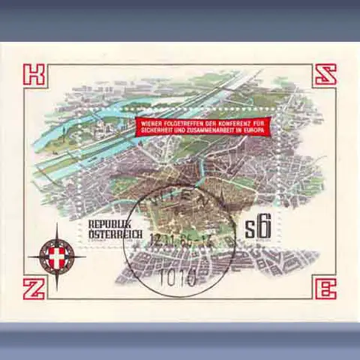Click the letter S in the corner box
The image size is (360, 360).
tap(325, 75)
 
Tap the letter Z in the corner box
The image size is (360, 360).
tap(35, 287)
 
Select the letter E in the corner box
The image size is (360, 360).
tap(325, 288)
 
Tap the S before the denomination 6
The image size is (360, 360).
tap(253, 229)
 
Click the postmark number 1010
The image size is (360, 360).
tap(178, 279)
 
